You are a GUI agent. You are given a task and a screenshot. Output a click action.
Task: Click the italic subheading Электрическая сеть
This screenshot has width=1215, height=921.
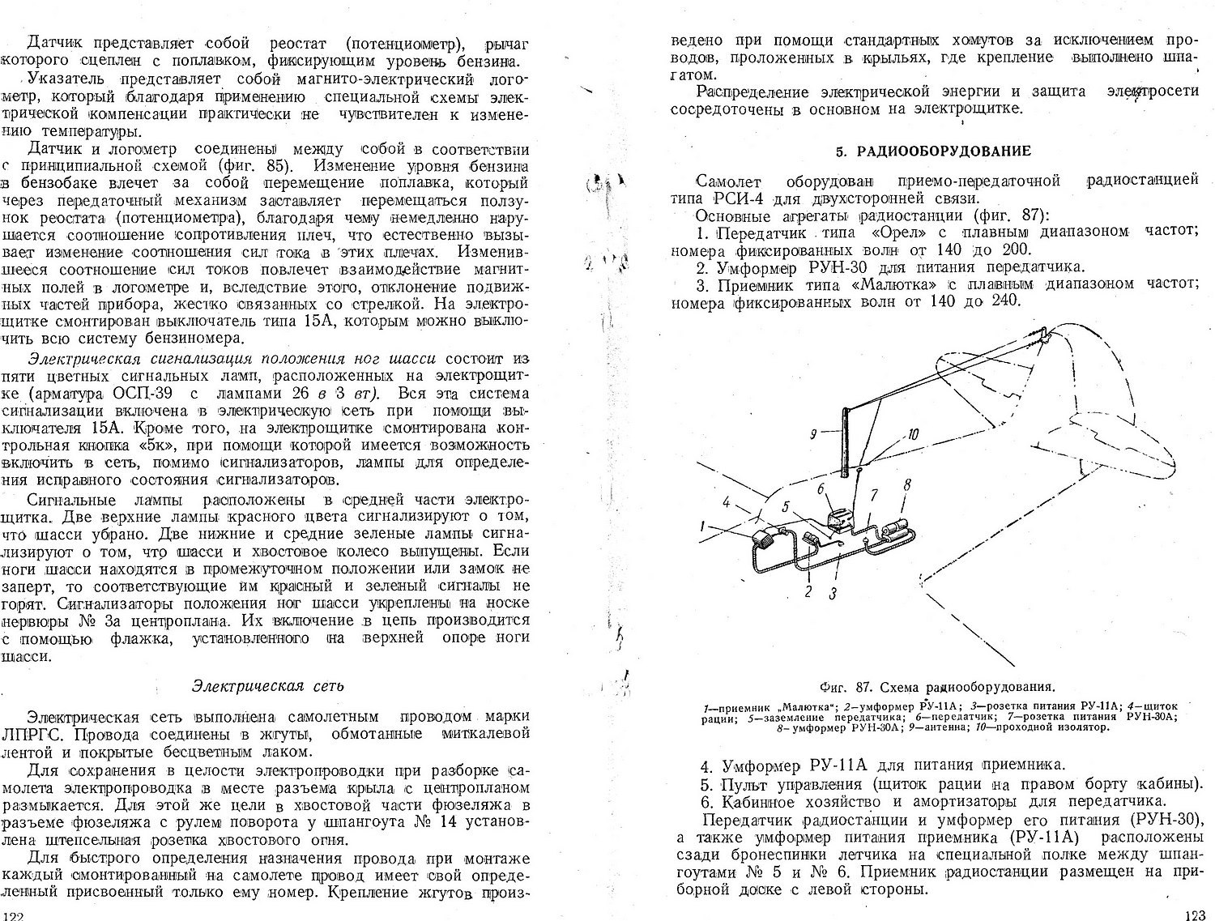click(268, 685)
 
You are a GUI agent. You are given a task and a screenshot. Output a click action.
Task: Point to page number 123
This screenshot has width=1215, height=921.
click(1194, 915)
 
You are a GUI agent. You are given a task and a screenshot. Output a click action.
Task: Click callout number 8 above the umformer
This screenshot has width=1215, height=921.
click(906, 484)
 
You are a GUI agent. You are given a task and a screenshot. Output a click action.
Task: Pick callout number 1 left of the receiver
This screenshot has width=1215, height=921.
click(703, 526)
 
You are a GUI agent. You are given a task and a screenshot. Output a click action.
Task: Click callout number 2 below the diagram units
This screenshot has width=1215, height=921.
click(808, 591)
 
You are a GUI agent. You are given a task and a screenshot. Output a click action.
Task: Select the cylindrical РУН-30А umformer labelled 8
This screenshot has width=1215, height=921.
click(896, 530)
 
